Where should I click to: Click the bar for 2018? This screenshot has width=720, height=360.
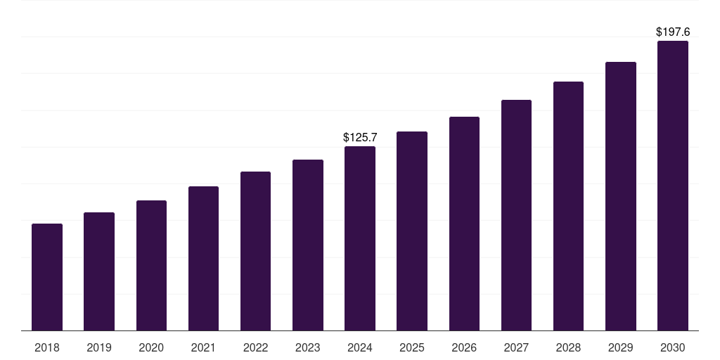tap(47, 277)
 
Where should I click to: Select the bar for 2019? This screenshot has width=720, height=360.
tap(99, 271)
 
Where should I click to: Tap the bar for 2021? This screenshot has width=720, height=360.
tap(203, 258)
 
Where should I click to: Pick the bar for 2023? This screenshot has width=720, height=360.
tap(308, 245)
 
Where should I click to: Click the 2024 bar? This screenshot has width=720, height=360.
tap(360, 238)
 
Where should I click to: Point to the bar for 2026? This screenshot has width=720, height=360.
tap(464, 224)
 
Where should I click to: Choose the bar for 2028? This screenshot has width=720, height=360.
tap(568, 206)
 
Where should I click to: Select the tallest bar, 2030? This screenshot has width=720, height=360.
tap(673, 186)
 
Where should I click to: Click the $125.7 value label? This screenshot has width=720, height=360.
tap(360, 137)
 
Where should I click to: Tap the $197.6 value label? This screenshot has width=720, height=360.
tap(673, 32)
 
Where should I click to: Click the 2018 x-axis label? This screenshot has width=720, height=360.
tap(47, 347)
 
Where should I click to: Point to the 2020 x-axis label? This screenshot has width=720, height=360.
tap(151, 347)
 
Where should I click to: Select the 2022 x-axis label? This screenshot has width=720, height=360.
tap(256, 347)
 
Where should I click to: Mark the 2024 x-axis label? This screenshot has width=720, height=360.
tap(360, 347)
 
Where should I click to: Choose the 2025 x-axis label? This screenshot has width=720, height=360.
tap(412, 347)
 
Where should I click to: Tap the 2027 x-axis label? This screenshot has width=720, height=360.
tap(516, 347)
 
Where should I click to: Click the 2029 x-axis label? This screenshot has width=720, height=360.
tap(621, 347)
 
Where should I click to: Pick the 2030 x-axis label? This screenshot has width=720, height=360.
tap(673, 347)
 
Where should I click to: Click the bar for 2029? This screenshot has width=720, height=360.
tap(621, 196)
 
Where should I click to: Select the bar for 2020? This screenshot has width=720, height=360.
tap(151, 265)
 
